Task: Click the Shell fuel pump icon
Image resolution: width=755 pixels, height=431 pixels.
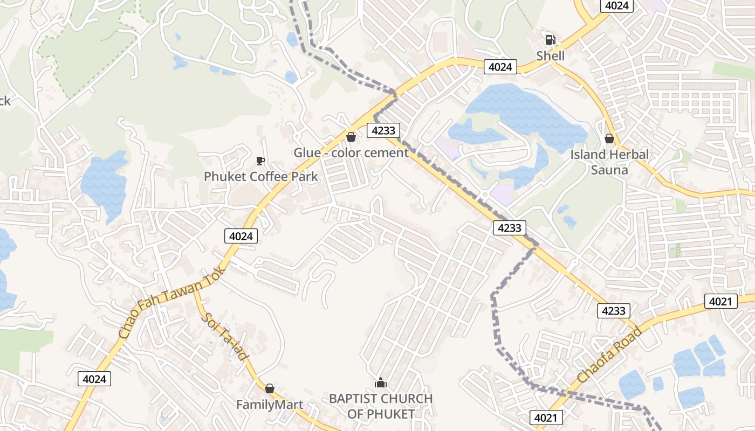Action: click(550, 39)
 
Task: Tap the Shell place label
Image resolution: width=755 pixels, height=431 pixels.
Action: click(550, 56)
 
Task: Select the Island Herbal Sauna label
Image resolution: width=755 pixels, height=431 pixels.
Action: click(609, 162)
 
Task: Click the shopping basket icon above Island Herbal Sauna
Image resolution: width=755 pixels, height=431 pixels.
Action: click(609, 138)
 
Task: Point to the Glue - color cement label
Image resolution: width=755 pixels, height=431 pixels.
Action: click(351, 152)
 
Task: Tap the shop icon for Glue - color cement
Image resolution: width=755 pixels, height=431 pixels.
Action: click(351, 137)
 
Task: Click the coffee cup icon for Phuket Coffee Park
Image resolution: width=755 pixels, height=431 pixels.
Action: click(260, 160)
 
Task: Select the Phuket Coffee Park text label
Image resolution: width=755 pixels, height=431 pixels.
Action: click(260, 176)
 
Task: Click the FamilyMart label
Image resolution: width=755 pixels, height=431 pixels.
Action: click(270, 404)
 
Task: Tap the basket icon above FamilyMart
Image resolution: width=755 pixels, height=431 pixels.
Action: click(270, 388)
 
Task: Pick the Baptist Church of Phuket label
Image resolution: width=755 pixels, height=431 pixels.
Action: click(381, 406)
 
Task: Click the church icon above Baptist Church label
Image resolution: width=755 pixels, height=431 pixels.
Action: click(381, 383)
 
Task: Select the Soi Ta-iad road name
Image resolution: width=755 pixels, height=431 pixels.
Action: click(226, 336)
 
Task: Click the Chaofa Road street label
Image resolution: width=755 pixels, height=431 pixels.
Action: click(610, 356)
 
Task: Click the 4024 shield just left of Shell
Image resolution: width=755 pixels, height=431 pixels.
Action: click(500, 67)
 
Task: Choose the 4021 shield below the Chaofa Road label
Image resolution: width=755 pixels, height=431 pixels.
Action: click(547, 417)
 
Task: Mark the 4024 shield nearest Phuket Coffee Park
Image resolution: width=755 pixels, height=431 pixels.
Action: click(241, 236)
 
